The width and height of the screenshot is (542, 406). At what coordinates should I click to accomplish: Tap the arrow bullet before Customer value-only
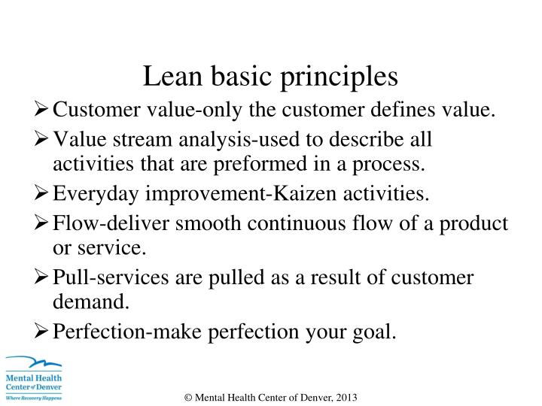(44, 111)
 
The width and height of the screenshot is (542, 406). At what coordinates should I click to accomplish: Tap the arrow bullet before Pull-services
(44, 277)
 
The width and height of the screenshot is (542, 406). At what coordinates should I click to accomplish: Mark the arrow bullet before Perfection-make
(44, 331)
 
